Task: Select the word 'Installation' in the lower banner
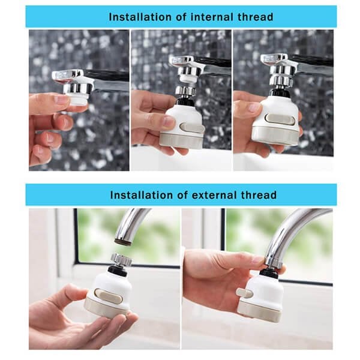click(x=141, y=195)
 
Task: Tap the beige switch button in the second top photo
click(x=191, y=128)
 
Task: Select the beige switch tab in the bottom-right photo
click(x=244, y=293)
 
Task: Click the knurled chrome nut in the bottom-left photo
click(x=121, y=260)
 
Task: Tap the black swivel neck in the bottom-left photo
click(x=118, y=271)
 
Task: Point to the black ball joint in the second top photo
click(x=186, y=101)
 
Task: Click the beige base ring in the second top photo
click(x=181, y=140)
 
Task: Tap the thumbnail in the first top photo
click(x=62, y=100)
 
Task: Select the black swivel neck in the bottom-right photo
click(x=270, y=274)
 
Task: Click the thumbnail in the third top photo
click(x=256, y=107)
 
